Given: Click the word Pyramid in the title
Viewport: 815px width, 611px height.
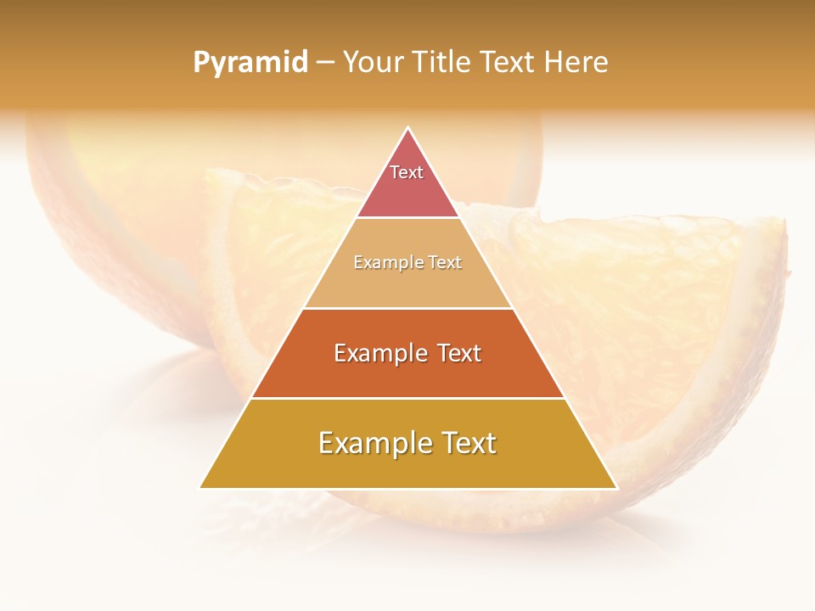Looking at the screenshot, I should (250, 63).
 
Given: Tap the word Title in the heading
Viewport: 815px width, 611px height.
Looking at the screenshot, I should (442, 63).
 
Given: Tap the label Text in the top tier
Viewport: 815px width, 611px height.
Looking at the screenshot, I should (407, 172).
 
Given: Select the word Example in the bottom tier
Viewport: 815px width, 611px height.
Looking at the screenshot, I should (371, 443).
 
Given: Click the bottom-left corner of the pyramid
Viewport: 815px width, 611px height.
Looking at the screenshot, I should (200, 487).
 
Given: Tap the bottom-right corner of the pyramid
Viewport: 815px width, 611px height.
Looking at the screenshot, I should (616, 487).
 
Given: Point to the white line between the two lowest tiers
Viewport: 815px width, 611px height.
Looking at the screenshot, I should (407, 398).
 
